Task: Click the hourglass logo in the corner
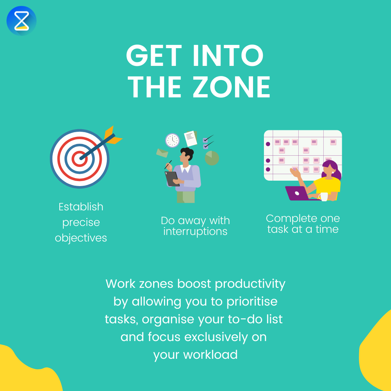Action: [21, 21]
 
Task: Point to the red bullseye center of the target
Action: [79, 158]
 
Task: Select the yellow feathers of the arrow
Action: [113, 135]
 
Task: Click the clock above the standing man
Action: [172, 140]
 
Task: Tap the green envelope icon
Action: [162, 153]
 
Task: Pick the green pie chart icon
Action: [212, 158]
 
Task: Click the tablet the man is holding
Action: [172, 178]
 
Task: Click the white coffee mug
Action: [324, 197]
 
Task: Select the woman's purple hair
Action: [334, 170]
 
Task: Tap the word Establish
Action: [81, 207]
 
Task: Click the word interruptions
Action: [195, 231]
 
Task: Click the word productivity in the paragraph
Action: [250, 284]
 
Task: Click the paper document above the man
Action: [190, 138]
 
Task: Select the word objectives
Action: [81, 238]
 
